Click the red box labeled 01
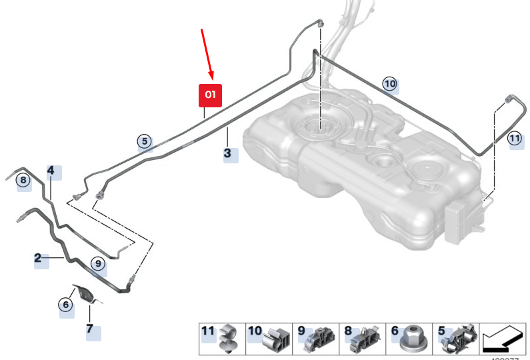(210, 95)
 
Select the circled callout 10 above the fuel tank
(389, 83)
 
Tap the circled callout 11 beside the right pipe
(513, 139)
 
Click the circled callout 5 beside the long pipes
(144, 141)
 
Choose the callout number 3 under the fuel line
(228, 154)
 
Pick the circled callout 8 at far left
(23, 180)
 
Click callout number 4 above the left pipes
(51, 171)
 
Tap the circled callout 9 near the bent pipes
(99, 265)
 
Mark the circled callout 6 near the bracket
(65, 305)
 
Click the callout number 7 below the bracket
(90, 329)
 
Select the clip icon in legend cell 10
(275, 339)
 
